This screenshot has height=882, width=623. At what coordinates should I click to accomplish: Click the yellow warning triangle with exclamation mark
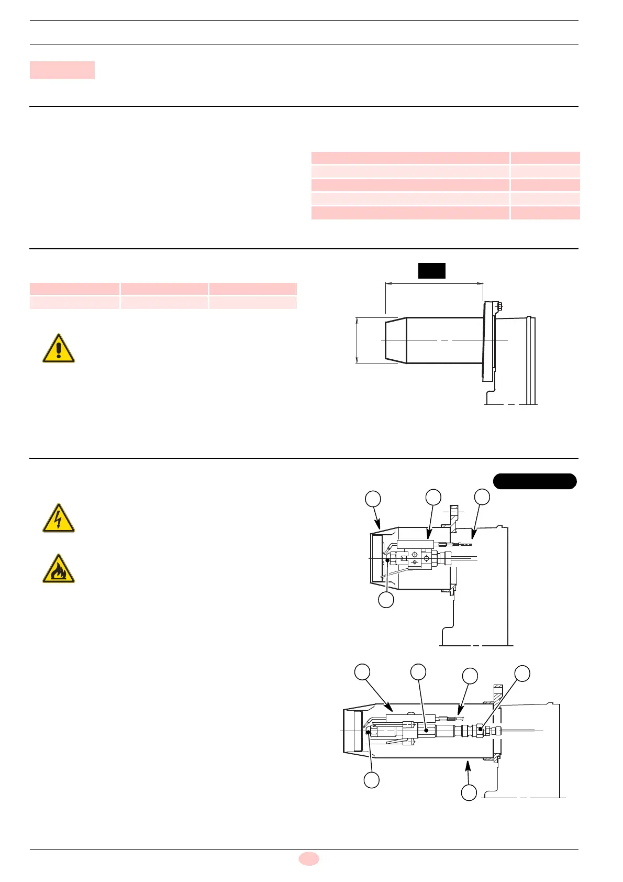coord(59,348)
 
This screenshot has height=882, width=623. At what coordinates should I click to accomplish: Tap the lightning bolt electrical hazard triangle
coord(59,519)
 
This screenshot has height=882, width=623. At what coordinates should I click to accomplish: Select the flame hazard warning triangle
coord(59,569)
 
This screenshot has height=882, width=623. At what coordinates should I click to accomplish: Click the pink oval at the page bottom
coord(309,858)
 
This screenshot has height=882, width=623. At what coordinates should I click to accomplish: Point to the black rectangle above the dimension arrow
coord(431,270)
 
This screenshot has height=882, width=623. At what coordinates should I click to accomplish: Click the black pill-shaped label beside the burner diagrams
coord(535,481)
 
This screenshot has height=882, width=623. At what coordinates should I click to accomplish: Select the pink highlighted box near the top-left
coord(62,70)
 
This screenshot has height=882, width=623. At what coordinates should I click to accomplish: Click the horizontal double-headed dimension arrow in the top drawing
coord(434,284)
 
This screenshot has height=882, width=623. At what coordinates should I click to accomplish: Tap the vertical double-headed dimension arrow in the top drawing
coord(357,340)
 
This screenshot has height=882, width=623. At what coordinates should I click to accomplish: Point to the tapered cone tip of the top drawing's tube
coord(395,340)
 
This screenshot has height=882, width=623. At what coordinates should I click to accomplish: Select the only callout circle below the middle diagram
coord(386,600)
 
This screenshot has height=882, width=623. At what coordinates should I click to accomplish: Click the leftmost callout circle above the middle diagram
coord(373,499)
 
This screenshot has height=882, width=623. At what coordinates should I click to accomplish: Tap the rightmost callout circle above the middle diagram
coord(482,497)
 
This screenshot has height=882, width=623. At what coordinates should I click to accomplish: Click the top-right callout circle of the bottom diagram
coord(522,673)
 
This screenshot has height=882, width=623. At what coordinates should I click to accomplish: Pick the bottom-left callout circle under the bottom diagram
coord(372,780)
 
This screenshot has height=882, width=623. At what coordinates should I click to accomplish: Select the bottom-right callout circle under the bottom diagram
coord(469,792)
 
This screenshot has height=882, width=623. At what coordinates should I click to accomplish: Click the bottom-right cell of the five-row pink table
coord(545,213)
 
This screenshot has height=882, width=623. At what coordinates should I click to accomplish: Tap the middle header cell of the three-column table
coord(164,289)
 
